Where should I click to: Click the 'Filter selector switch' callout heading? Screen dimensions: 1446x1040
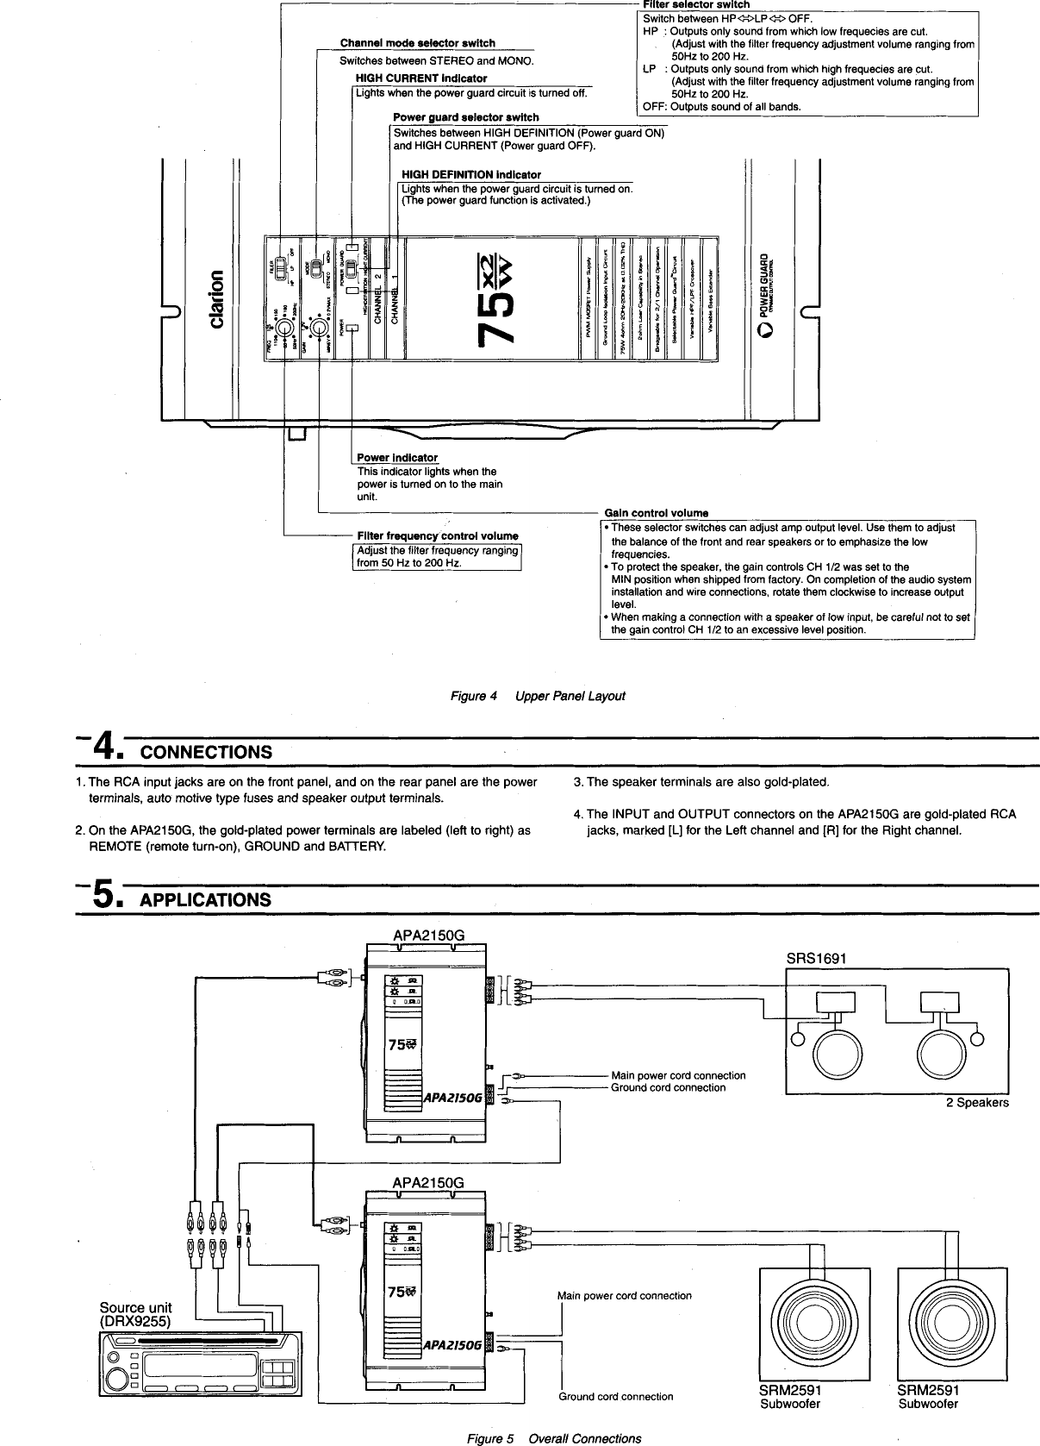[691, 5]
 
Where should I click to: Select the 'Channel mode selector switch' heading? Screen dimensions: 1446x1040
[417, 42]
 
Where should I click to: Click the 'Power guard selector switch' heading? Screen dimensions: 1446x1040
[465, 117]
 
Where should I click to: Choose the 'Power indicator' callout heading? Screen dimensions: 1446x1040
[397, 458]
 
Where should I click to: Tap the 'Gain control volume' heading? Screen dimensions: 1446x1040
[656, 514]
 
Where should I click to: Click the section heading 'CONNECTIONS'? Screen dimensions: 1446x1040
[206, 752]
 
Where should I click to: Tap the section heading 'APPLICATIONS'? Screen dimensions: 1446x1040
[205, 900]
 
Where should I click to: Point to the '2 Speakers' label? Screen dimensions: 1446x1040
[976, 1103]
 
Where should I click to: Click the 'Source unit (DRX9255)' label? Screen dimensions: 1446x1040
[135, 1314]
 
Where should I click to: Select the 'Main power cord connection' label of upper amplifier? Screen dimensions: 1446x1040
[677, 1075]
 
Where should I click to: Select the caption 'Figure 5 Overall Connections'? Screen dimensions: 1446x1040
[553, 1438]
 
